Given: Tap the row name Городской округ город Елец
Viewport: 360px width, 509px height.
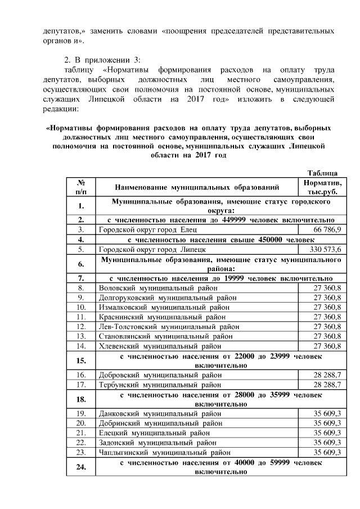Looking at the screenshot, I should coord(143,230).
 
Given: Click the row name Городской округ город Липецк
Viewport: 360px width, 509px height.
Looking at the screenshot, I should coord(147,249).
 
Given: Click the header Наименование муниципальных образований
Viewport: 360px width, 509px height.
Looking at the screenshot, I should coord(196,188).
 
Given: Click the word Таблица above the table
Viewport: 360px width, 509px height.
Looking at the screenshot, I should coord(322,173).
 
